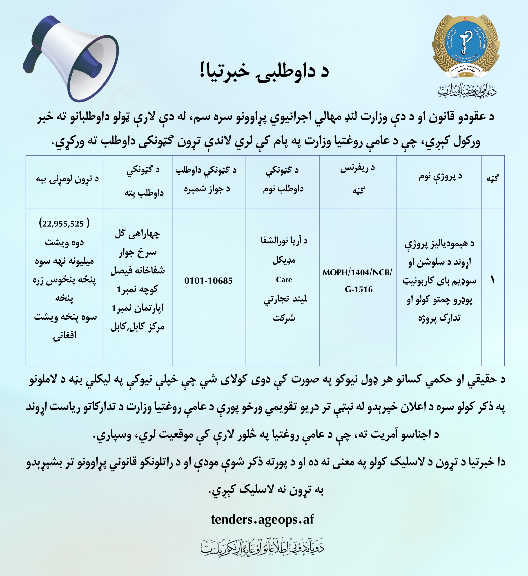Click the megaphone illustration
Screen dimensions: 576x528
click(71, 59)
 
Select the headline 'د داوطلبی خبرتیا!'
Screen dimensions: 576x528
click(264, 72)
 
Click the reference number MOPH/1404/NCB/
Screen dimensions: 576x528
click(357, 272)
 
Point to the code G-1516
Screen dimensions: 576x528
click(359, 289)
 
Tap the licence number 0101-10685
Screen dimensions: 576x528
click(208, 281)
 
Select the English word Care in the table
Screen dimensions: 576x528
click(284, 280)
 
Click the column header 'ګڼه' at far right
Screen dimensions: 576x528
click(492, 178)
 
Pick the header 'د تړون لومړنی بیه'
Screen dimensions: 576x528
click(67, 179)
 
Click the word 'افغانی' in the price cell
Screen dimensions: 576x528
click(64, 335)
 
